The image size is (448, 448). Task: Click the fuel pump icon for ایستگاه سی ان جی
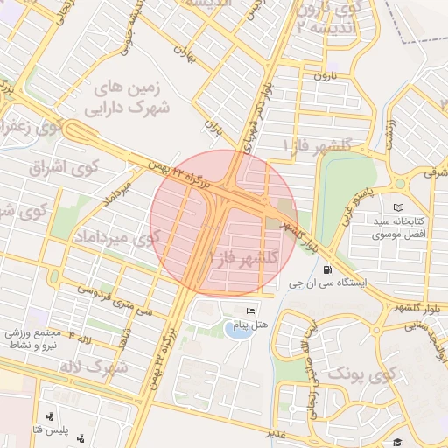(327, 270)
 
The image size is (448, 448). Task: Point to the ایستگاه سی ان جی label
(341, 285)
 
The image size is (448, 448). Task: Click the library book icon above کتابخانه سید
(400, 206)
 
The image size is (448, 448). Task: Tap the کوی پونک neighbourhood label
(362, 374)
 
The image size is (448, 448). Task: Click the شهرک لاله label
(94, 365)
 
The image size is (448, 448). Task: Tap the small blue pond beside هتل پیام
(236, 329)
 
